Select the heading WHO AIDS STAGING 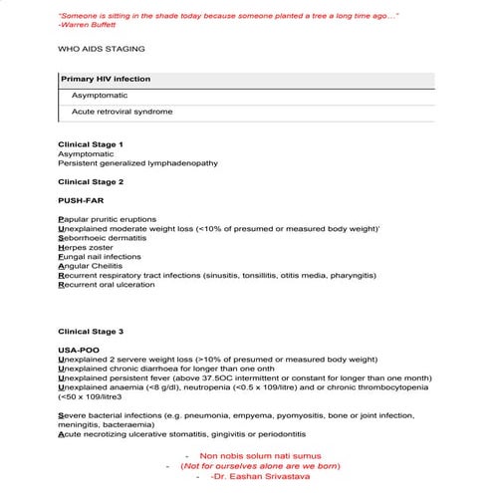click(x=101, y=48)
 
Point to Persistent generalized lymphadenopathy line click(x=137, y=162)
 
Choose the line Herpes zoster click(x=86, y=247)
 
